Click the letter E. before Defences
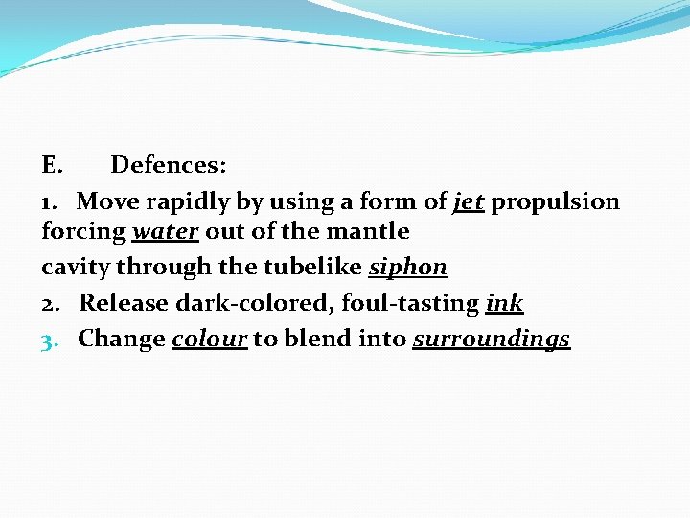coord(52,166)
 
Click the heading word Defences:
coord(169,166)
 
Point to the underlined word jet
coord(469,201)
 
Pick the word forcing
coord(83,232)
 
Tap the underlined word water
coord(163,231)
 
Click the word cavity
coord(74,267)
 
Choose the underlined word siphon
coord(408,267)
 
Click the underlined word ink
coord(505,304)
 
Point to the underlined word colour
coord(210,339)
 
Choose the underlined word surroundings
coord(492,341)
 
